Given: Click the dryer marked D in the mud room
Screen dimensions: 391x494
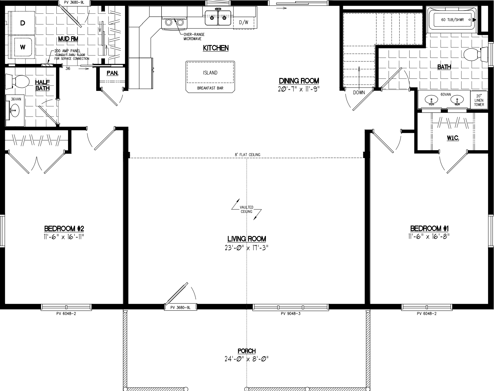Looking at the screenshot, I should [x=22, y=23].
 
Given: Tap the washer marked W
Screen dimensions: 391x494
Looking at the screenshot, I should [x=22, y=47].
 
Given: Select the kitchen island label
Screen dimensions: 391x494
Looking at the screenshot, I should [x=210, y=73].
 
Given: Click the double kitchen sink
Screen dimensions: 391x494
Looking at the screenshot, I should [x=218, y=18].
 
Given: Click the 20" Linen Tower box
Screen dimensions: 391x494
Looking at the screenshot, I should [x=479, y=100].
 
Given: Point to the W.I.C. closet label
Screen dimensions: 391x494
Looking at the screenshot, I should [x=453, y=138].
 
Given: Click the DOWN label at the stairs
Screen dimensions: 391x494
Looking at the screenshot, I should [x=359, y=92].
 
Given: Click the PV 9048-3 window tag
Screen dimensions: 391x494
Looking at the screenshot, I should [x=290, y=314].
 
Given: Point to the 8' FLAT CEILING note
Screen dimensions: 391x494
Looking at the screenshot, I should [x=247, y=155].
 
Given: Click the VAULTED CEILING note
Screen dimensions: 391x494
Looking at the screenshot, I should [x=246, y=209].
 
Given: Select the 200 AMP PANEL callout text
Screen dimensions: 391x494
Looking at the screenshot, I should [x=67, y=51].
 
